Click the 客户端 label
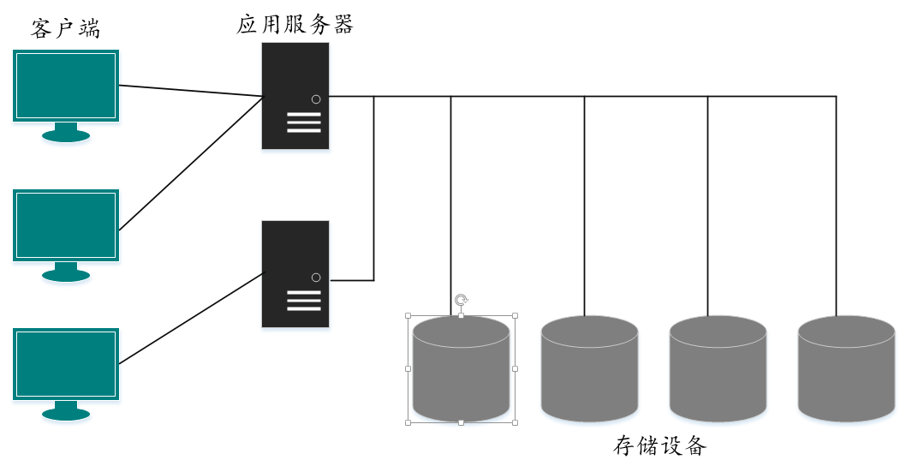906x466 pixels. coord(65,28)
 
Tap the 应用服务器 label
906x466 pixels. coord(295,24)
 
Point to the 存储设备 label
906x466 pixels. coord(660,445)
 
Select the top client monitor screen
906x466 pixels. coord(66,85)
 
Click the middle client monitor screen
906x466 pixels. coord(66,224)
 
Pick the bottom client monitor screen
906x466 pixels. coord(66,364)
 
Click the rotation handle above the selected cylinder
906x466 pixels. coord(461,299)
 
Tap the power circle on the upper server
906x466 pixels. coord(316,99)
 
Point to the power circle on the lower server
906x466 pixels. coord(316,278)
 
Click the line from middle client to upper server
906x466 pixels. coord(190,164)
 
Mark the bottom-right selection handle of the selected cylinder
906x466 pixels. coord(515,422)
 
